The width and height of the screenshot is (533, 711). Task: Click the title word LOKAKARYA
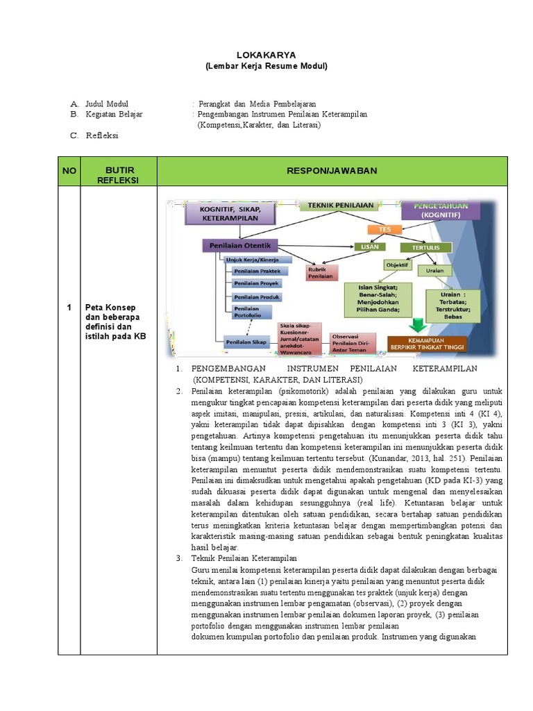(266, 55)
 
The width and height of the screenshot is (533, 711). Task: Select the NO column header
(69, 171)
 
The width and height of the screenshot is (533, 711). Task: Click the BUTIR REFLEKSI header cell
(119, 175)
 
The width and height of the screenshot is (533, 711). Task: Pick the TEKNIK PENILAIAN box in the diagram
(341, 206)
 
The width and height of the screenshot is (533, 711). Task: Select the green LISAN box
(371, 246)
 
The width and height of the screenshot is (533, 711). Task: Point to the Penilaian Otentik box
(240, 245)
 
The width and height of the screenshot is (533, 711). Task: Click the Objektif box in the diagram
(397, 265)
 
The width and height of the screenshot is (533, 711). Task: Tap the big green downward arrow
(418, 326)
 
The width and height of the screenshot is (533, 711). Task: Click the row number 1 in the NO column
(69, 308)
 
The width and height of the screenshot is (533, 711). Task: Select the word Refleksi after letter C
(102, 135)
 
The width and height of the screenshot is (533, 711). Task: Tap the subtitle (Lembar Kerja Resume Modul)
(266, 66)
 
